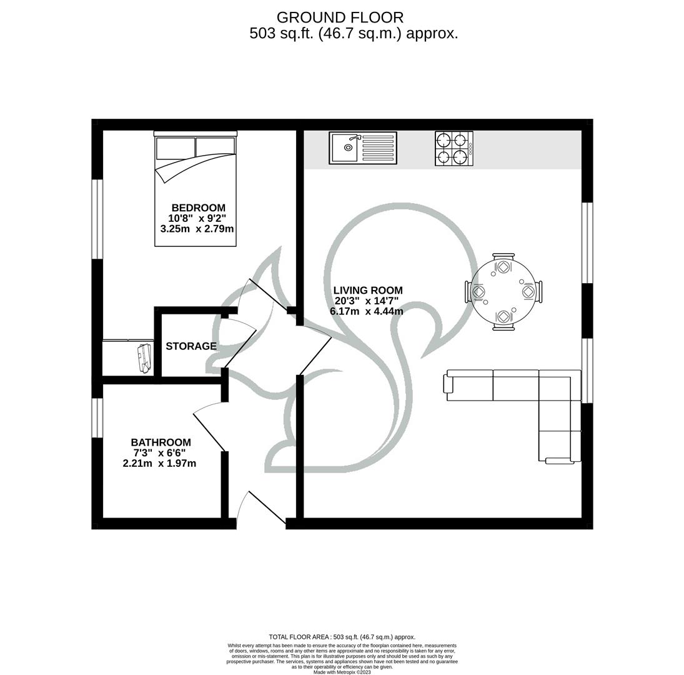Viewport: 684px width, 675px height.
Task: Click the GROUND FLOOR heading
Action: click(340, 17)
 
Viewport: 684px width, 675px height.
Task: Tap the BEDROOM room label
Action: click(199, 207)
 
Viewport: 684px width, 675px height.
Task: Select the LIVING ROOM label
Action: click(368, 290)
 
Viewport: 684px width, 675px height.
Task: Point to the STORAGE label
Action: click(191, 346)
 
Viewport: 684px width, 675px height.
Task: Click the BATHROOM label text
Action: click(161, 442)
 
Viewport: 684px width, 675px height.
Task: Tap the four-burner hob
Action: click(454, 148)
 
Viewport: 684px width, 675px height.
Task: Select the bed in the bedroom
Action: click(195, 189)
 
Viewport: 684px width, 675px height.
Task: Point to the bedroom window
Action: click(97, 219)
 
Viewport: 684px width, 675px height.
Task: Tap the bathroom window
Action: click(97, 417)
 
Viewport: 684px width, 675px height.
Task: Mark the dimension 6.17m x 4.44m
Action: click(367, 311)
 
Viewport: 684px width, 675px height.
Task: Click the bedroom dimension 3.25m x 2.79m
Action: click(197, 229)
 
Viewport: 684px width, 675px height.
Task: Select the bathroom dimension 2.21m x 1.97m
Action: click(160, 463)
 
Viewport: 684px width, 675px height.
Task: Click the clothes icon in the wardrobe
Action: click(144, 357)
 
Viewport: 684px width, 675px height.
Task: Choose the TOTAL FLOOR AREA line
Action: click(342, 637)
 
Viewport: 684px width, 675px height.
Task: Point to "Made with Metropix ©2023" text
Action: click(342, 672)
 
